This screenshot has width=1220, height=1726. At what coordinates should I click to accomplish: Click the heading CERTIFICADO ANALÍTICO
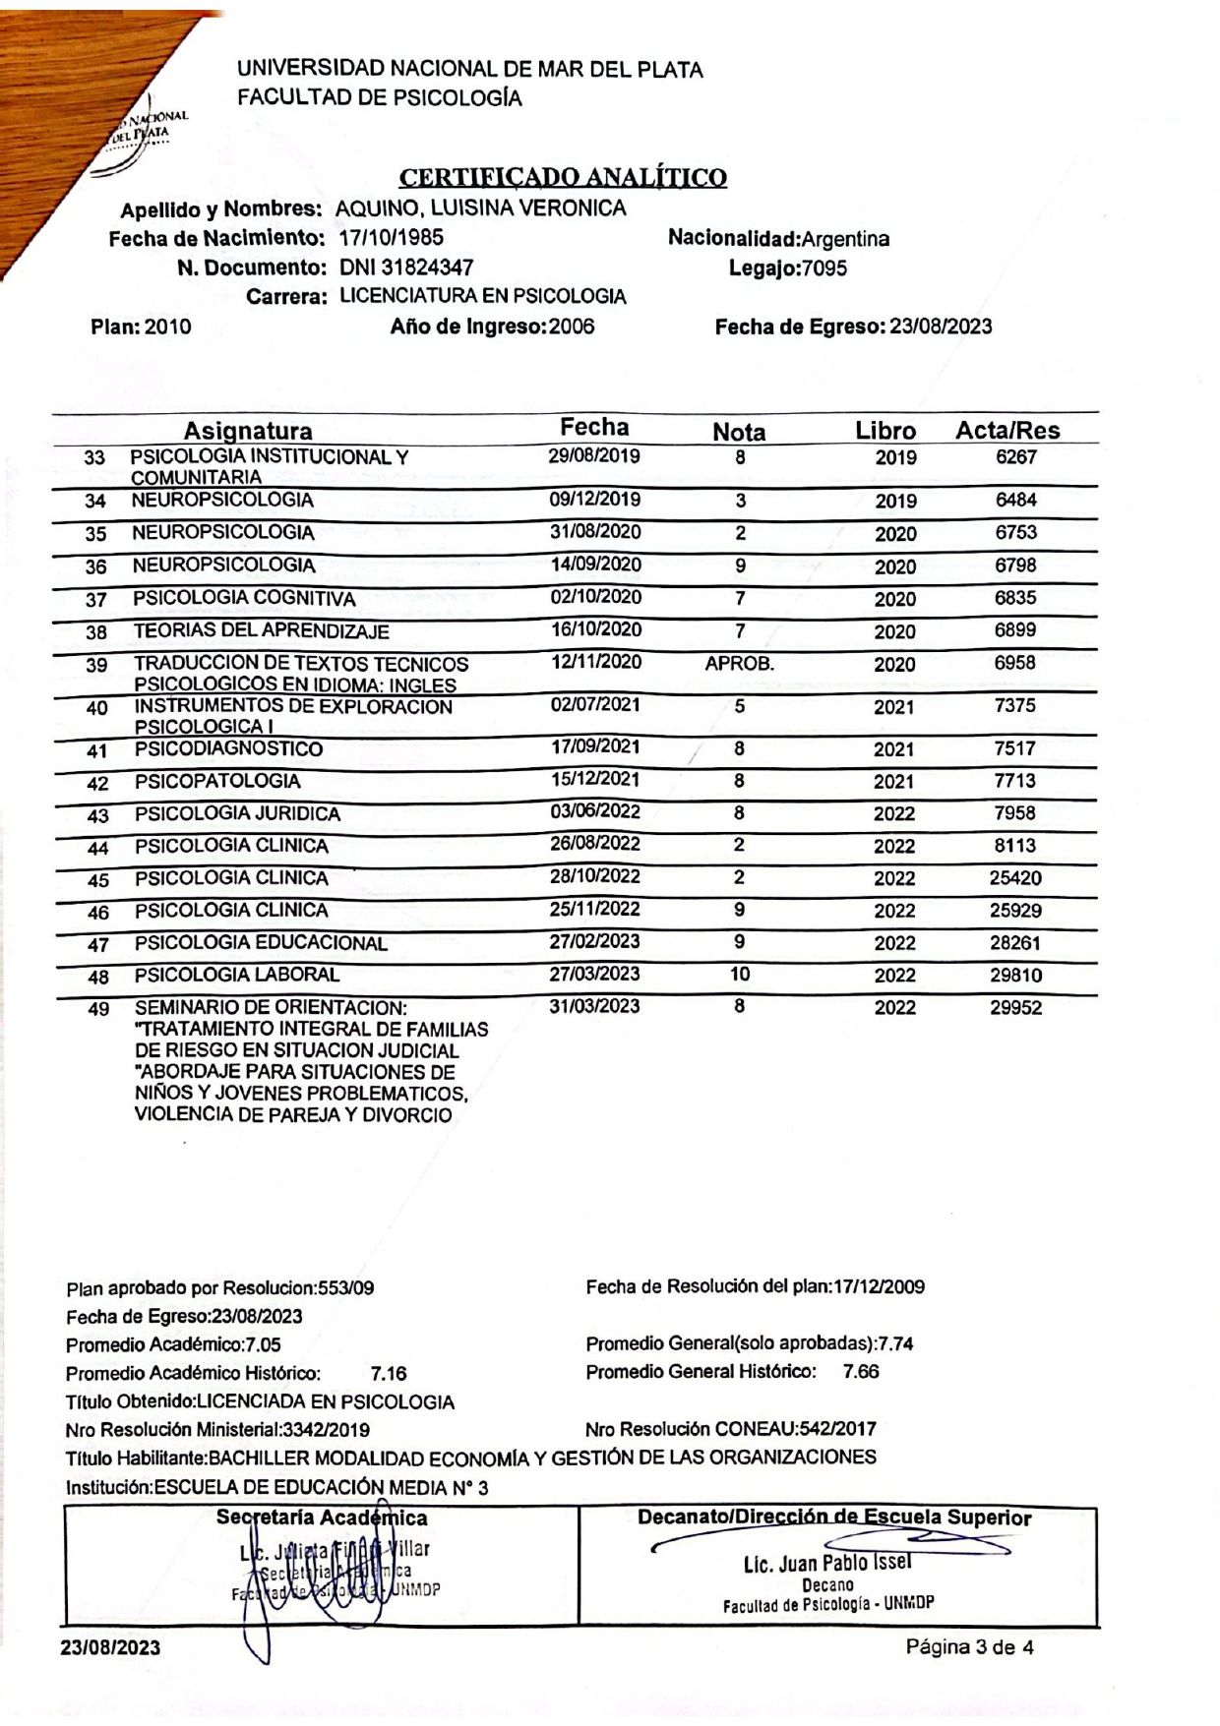point(563,178)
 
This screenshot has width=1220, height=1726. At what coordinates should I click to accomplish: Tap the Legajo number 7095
point(824,268)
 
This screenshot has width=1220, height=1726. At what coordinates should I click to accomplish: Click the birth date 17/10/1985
point(391,238)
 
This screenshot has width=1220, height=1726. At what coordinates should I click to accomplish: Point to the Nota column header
point(739,432)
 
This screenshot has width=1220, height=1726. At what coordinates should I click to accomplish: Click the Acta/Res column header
point(1007,430)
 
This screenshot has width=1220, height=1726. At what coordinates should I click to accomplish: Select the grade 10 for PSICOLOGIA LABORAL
point(740,974)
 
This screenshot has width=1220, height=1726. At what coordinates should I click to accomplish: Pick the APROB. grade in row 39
point(740,664)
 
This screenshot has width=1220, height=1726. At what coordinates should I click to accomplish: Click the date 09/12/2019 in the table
point(594,500)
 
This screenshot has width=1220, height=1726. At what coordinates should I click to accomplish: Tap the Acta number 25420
point(1015,878)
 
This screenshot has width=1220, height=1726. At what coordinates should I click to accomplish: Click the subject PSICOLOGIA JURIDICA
point(237,814)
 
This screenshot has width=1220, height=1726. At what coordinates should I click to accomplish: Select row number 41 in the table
point(96,751)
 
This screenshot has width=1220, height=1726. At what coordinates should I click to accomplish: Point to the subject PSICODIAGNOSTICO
point(228,749)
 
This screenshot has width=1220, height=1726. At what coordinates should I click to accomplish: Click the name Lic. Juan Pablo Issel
point(827,1564)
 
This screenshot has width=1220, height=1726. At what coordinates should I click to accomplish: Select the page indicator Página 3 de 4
point(969,1647)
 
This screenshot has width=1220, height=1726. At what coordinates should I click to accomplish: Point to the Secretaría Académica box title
point(322,1518)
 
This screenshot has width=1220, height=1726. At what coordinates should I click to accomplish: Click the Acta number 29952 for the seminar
point(1015,1008)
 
